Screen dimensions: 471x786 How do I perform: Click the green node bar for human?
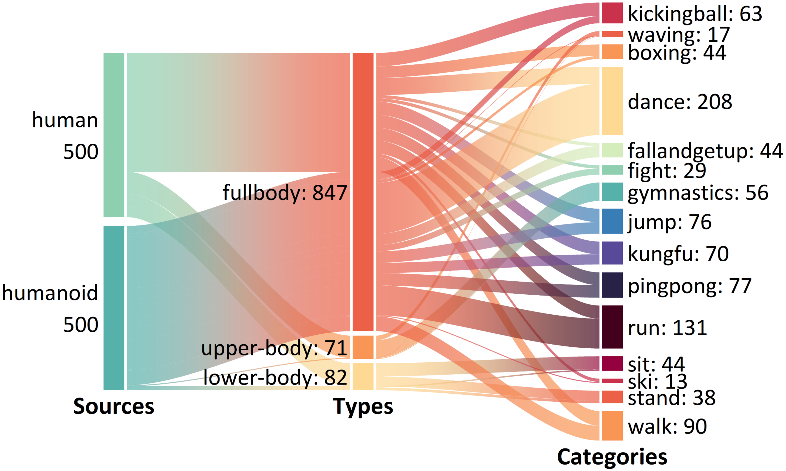pos(114,135)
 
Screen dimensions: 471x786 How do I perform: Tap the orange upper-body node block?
pos(363,347)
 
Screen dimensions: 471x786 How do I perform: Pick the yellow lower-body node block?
pos(363,376)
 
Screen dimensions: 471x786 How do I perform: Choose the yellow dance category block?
pos(612,101)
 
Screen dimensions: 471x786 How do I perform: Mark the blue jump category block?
pos(612,221)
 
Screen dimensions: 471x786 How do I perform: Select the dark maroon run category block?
pos(612,327)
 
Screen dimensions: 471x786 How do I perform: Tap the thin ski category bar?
pos(612,381)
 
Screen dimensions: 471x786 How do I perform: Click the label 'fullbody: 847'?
pos(285,193)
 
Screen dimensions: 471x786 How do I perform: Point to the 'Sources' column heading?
pos(114,406)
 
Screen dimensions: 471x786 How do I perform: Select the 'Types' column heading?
pos(363,406)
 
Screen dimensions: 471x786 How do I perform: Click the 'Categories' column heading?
pos(612,457)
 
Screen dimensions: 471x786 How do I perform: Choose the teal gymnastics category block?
pos(612,192)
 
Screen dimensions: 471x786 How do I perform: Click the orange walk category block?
pos(612,426)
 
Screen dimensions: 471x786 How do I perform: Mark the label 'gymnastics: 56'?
pos(698,193)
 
